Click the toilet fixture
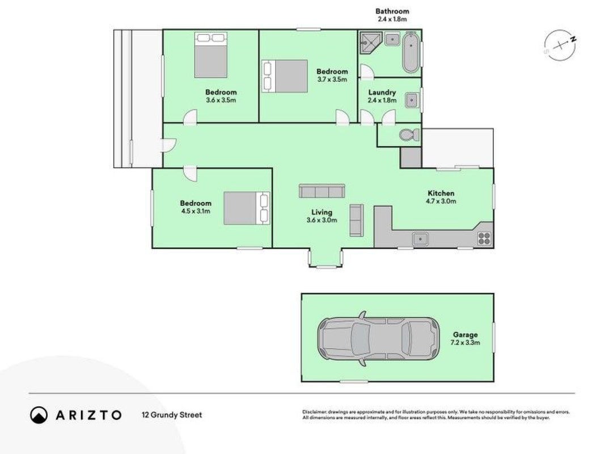(409, 135)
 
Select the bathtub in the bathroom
(411, 53)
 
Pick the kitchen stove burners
(484, 238)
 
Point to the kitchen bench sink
(420, 239)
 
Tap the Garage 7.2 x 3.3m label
(465, 339)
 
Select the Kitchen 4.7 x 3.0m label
(441, 197)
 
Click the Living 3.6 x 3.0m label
(322, 216)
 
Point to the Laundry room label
(382, 93)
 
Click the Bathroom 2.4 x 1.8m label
(392, 15)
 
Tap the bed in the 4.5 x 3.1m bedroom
(247, 208)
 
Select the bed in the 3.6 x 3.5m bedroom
(211, 55)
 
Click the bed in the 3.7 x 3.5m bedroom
(285, 76)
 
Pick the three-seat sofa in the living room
(322, 191)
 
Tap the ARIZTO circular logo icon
(39, 415)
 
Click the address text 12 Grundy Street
(172, 415)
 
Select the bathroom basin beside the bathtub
(392, 39)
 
